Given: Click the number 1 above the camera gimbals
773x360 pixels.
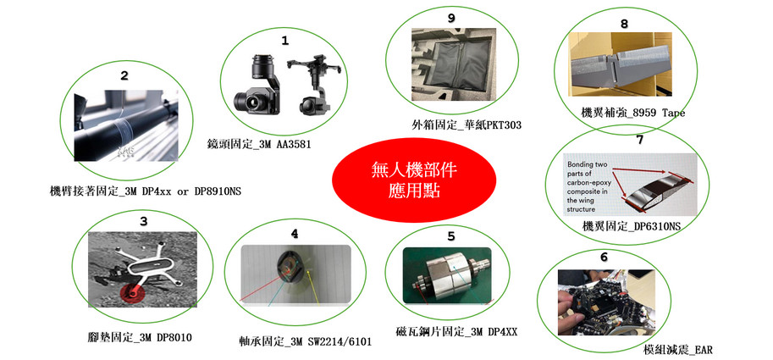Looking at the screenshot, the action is point(285,42).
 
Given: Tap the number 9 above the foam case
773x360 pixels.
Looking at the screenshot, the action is point(450,19).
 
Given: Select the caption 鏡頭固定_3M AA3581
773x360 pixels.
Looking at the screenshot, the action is point(259,145).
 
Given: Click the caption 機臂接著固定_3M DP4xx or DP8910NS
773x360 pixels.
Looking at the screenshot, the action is point(146,191).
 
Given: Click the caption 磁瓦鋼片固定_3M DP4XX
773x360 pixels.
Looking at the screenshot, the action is point(456,332).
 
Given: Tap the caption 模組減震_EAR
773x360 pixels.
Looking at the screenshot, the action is point(678,351).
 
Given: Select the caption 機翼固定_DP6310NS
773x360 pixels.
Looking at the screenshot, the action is point(632,227).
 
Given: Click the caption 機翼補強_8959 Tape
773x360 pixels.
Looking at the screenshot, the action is point(633,113).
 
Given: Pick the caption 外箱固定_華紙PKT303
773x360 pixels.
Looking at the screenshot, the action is point(467,125).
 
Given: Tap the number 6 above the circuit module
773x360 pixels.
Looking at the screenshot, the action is point(604,258).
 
